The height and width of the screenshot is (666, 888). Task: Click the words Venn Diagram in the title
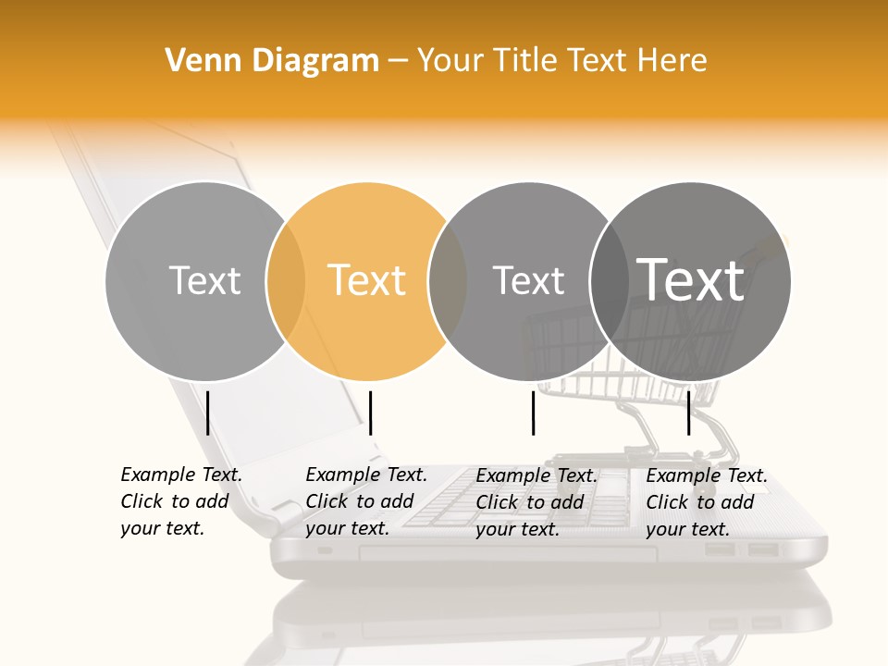point(272,61)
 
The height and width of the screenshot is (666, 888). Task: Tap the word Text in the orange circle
point(367,280)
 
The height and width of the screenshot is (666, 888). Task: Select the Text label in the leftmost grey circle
point(204,280)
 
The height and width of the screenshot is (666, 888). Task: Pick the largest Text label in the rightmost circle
point(691,279)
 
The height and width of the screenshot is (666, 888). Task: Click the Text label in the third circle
point(528,280)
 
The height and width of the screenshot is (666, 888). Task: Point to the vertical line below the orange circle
point(370,413)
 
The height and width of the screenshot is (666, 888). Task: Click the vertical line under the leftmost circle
point(207,413)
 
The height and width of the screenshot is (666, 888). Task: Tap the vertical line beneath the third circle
point(533,413)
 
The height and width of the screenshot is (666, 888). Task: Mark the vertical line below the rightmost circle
point(688,413)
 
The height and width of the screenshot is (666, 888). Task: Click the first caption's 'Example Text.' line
point(181,475)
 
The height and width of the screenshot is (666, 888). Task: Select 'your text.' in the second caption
point(347,528)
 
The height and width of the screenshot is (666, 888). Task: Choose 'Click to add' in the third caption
point(530,501)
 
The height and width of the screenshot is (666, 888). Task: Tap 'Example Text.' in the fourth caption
point(707,475)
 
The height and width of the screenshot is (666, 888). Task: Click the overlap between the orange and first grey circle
point(286,281)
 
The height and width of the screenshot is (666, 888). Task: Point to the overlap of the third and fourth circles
point(609,281)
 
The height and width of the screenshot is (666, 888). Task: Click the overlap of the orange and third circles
point(448,281)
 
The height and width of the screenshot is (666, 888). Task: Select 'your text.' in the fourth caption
point(687,529)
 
